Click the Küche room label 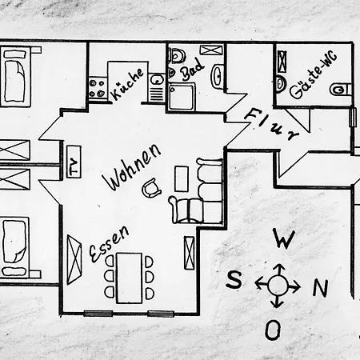pos(127,84)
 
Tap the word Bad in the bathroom pos(192,69)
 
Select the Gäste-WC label pos(314,76)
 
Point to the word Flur pos(271,124)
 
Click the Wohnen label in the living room pos(132,167)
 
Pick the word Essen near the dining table pos(109,243)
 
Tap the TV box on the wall pos(74,162)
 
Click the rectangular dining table pos(130,278)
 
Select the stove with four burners pos(97,88)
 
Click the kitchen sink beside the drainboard pos(157,80)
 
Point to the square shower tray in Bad pos(181,97)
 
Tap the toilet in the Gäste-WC pos(340,89)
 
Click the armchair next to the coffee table pos(151,188)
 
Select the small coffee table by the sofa pos(182,178)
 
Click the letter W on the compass pos(285,238)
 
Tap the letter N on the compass pos(320,288)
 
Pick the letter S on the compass pos(234,279)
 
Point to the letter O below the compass pos(273,330)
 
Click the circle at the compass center pos(278,286)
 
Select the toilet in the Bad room pos(177,56)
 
